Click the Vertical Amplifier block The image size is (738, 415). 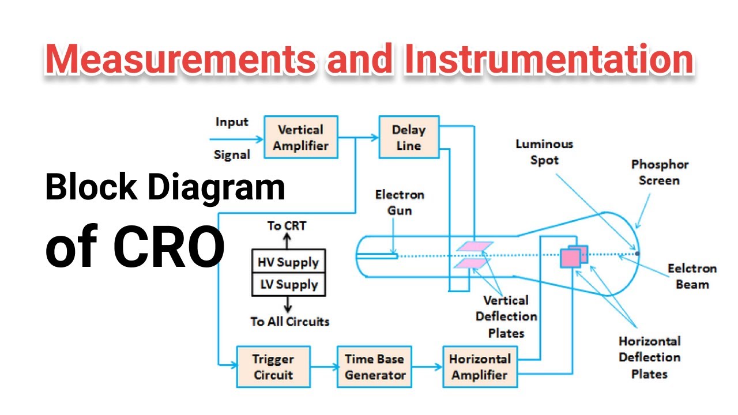(x=301, y=138)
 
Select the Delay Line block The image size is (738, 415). (x=409, y=138)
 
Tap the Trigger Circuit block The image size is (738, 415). (x=273, y=367)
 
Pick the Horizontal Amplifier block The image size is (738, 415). (x=480, y=367)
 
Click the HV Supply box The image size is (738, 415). (x=288, y=262)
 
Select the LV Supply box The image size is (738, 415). (x=288, y=285)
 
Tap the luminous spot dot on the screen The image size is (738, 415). (x=637, y=252)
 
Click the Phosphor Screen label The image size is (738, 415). (x=660, y=172)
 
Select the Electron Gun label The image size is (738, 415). (x=400, y=202)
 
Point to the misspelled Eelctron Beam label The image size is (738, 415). (x=692, y=276)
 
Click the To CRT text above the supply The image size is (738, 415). (x=287, y=225)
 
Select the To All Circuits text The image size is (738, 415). (x=290, y=322)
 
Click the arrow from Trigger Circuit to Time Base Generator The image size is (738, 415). (x=323, y=367)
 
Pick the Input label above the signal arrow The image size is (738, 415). (x=232, y=122)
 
